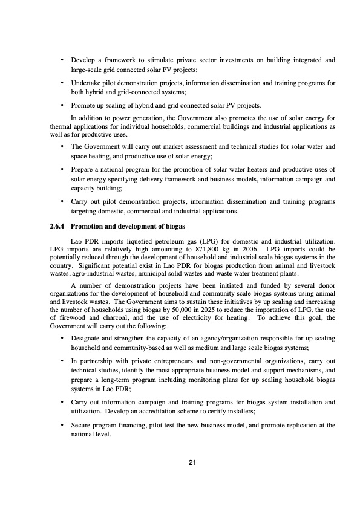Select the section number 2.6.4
pyautogui.click(x=58, y=227)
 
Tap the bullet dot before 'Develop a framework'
pyautogui.click(x=62, y=60)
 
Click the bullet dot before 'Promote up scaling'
pyautogui.click(x=62, y=105)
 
